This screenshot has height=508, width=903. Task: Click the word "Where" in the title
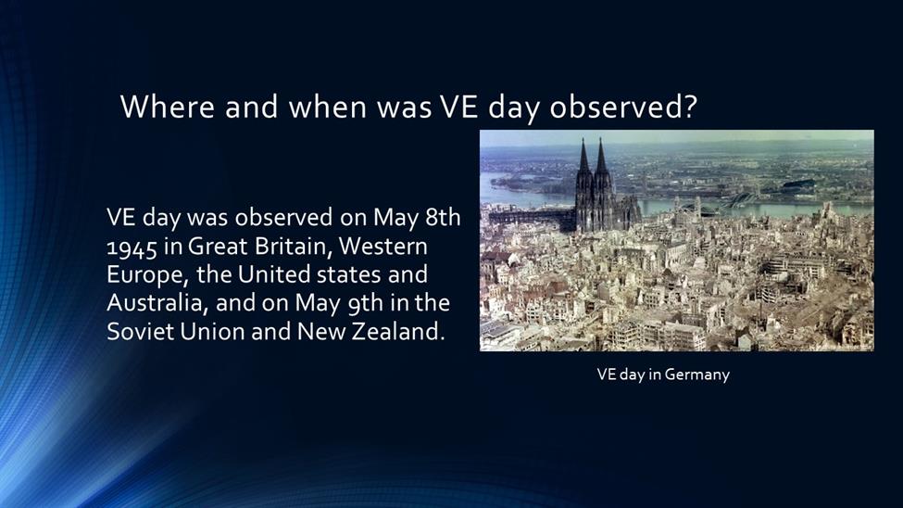[x=168, y=107]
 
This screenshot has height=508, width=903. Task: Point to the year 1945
[x=132, y=248]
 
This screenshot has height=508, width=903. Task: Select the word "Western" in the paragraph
[x=383, y=247]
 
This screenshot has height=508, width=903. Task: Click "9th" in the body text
[x=366, y=304]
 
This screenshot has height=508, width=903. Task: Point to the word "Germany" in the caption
[x=696, y=375]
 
